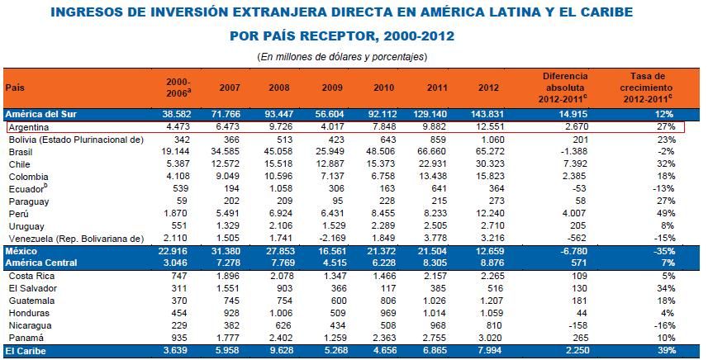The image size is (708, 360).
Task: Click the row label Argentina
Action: (x=28, y=128)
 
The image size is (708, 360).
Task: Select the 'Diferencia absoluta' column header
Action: (x=564, y=87)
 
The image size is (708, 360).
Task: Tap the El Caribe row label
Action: (x=24, y=352)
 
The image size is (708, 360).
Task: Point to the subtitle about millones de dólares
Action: (x=353, y=56)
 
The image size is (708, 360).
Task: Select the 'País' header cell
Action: (x=14, y=87)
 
